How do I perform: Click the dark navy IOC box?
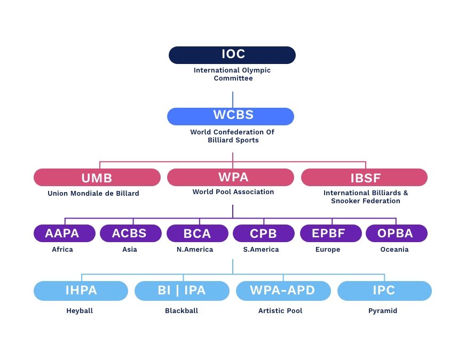coord(232,55)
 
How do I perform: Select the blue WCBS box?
coord(231,116)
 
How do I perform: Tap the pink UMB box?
coord(97,178)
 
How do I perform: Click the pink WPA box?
coord(231,178)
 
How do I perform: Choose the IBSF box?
coord(364,178)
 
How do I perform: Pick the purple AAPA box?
coord(65,233)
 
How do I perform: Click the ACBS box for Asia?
coord(131,233)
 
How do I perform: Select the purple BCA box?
coord(198,233)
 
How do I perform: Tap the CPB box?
coord(264,233)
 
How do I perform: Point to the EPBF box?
coord(331,233)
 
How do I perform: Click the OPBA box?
coord(397,233)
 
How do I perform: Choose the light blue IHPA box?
coord(81,291)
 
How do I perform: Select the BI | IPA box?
coord(182,291)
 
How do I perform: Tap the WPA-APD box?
coord(283,291)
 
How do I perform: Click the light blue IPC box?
coord(384,291)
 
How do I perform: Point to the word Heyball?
coord(80,311)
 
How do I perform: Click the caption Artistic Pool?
coord(280,310)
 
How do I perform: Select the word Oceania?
coord(395,249)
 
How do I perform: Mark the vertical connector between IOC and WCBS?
coord(233,100)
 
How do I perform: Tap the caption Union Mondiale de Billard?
coord(93,193)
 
